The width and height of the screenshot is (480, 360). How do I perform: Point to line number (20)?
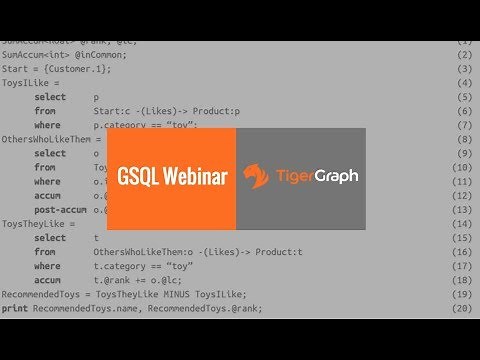coord(463,309)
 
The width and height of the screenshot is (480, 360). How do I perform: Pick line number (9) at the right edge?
coord(463,153)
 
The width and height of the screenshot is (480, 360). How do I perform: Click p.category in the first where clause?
coord(119,125)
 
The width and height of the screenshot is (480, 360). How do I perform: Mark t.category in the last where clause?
coord(119,267)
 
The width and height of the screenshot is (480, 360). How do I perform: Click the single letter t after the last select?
coord(96,238)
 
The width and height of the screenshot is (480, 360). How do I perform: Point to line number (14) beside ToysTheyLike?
coord(463,224)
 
